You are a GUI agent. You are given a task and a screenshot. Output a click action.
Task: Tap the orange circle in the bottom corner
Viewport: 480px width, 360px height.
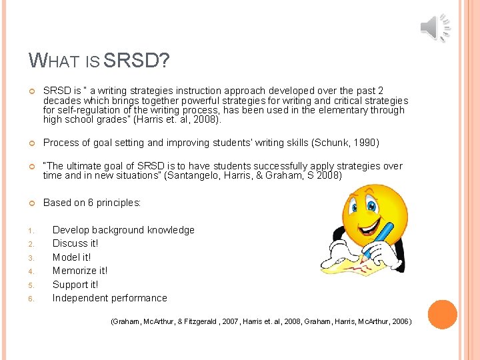tap(441, 315)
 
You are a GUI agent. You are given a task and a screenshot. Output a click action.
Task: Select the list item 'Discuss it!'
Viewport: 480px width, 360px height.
tap(75, 243)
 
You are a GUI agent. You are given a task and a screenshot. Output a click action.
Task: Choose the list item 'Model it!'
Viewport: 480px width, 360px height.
tap(72, 257)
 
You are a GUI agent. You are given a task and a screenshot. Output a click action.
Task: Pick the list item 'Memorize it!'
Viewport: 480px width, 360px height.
tap(80, 271)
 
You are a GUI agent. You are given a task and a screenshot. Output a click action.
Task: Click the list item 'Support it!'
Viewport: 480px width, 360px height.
tap(75, 285)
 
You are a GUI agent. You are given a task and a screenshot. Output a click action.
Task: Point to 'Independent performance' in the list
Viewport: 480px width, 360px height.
tap(110, 298)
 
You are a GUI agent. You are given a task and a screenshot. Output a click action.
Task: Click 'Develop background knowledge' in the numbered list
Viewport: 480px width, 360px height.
tap(123, 230)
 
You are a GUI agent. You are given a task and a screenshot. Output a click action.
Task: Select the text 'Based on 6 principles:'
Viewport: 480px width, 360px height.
tap(92, 203)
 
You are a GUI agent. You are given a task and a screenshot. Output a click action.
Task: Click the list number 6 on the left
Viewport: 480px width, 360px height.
tap(31, 299)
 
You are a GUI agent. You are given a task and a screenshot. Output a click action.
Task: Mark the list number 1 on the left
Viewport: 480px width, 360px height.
tap(31, 231)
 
